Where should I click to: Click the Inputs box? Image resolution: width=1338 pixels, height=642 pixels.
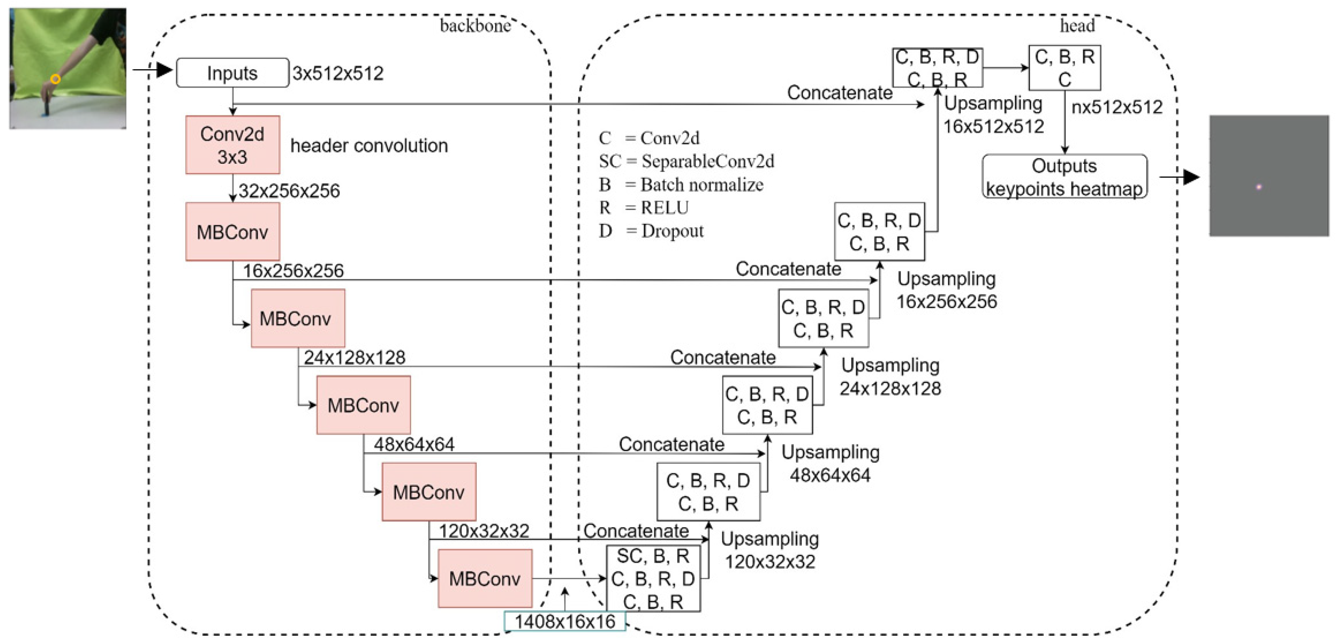(232, 73)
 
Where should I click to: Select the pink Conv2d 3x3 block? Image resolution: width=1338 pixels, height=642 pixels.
(232, 145)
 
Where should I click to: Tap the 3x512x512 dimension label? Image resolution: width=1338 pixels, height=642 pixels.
(338, 73)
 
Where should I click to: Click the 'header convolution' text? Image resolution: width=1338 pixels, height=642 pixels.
(369, 146)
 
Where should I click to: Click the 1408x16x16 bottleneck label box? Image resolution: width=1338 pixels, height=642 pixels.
(565, 621)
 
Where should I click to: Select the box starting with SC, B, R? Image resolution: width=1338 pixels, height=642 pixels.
(653, 578)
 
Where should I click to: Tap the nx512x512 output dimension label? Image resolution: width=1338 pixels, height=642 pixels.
(1117, 107)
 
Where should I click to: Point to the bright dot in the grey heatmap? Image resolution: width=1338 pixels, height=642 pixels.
(1259, 187)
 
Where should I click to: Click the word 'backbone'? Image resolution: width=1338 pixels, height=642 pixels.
(475, 26)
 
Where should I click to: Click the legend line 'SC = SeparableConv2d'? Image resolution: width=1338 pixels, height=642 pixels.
(686, 161)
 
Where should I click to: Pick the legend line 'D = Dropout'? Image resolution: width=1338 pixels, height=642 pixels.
(651, 231)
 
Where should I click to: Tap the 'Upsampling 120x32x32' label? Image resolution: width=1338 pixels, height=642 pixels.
(769, 550)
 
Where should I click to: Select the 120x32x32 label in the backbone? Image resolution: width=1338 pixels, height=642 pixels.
(484, 531)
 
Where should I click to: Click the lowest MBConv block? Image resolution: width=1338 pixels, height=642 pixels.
(485, 578)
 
